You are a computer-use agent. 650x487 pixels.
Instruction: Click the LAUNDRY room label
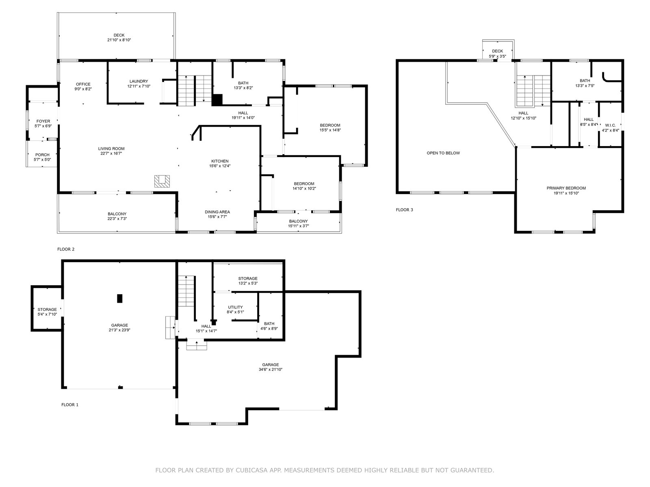coord(139,81)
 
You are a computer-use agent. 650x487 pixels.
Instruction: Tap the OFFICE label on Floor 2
coord(83,84)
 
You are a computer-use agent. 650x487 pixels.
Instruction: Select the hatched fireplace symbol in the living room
coord(162,181)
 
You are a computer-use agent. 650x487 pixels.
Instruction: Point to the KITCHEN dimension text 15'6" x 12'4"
coord(220,166)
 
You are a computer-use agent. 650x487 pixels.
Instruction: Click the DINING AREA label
coord(217,212)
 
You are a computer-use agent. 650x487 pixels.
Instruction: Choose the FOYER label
coord(43,121)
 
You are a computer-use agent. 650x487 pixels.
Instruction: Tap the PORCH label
coord(42,155)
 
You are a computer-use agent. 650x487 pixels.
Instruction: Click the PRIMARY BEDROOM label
coord(566,188)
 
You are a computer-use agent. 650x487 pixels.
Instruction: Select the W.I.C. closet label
coord(611,125)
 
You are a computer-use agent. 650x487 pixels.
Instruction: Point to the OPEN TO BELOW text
coord(443,153)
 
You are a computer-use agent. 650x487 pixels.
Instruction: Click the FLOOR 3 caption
coord(405,210)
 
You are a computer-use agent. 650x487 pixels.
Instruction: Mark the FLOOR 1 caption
coord(70,405)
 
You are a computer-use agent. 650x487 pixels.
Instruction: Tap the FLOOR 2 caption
coord(66,249)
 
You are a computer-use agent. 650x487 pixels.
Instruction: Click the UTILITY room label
coord(235,307)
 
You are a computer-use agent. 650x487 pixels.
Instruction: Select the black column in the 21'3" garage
coord(119,298)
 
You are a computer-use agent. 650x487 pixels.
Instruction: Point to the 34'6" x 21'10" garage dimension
coord(271,370)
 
